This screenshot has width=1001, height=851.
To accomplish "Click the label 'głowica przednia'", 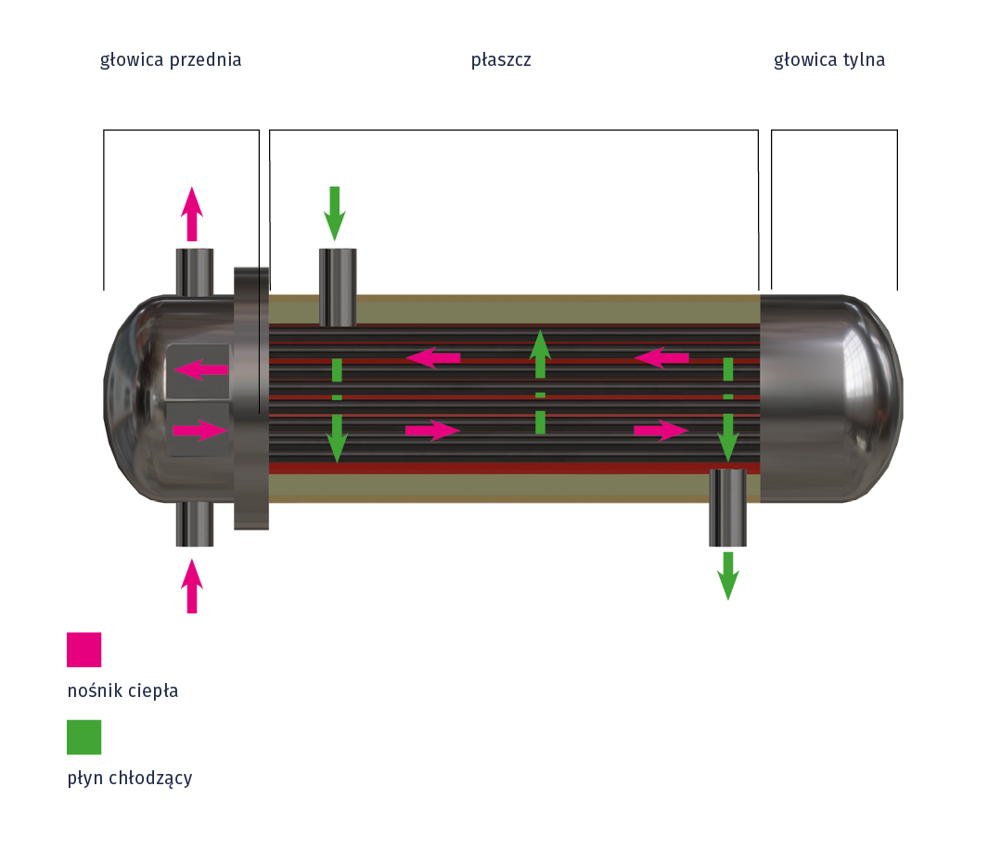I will pyautogui.click(x=171, y=60).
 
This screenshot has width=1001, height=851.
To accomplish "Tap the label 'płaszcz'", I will pyautogui.click(x=501, y=60).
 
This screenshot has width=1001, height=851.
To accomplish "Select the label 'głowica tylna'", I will pyautogui.click(x=829, y=60).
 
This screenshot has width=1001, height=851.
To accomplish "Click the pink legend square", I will pyautogui.click(x=83, y=650).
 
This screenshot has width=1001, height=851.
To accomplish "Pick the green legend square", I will pyautogui.click(x=83, y=737).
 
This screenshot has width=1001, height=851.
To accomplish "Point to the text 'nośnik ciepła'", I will pyautogui.click(x=122, y=691).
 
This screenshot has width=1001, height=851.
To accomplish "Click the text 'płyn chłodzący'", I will pyautogui.click(x=130, y=778).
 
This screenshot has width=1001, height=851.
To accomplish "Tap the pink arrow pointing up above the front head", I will pyautogui.click(x=192, y=213).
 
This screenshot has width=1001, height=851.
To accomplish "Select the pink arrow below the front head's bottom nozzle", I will pyautogui.click(x=192, y=585).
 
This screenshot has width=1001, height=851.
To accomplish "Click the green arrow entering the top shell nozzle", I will pyautogui.click(x=335, y=212).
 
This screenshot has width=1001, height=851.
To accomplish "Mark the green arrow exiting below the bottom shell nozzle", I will pyautogui.click(x=728, y=575).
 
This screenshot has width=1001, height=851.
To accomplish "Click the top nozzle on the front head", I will pyautogui.click(x=195, y=271).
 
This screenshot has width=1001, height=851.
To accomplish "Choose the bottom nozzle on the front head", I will pyautogui.click(x=195, y=523).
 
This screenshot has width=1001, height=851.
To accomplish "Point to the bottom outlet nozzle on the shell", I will pyautogui.click(x=727, y=507).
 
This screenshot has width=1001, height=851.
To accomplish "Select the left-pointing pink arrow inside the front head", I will pyautogui.click(x=200, y=369).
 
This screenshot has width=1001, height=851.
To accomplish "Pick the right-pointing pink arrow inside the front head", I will pyautogui.click(x=200, y=431).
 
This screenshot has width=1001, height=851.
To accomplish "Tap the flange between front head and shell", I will pyautogui.click(x=250, y=399).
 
